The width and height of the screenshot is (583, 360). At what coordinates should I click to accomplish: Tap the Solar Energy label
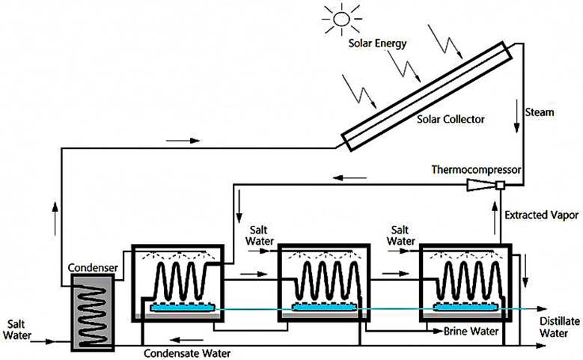click(378, 43)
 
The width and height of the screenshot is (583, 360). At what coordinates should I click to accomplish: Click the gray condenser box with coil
click(93, 311)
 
